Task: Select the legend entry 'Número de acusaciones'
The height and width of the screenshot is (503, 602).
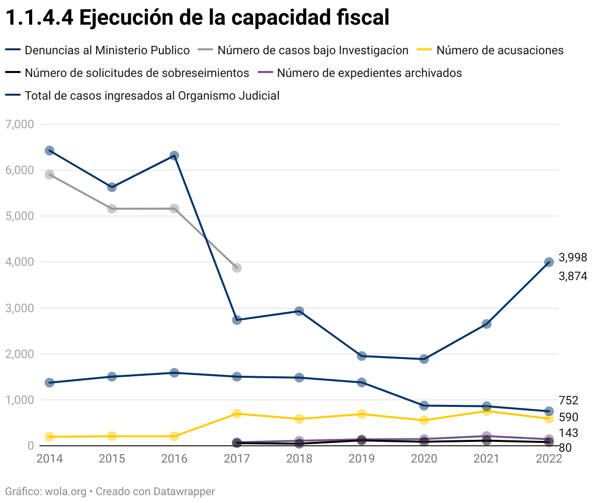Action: [499, 50]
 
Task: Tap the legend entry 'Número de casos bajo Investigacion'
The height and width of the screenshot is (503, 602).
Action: [313, 50]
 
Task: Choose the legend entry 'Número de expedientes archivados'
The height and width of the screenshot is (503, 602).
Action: [369, 73]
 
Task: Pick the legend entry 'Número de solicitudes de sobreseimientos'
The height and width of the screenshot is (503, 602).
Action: [137, 73]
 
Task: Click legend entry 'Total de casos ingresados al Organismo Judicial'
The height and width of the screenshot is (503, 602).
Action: [152, 96]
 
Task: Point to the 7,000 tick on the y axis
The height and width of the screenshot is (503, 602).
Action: [20, 124]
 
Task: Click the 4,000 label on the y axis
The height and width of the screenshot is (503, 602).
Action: [20, 262]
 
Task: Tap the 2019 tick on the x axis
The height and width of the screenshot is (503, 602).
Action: [362, 459]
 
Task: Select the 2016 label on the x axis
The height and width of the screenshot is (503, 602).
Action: [174, 459]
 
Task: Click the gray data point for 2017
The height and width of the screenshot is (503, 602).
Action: [237, 268]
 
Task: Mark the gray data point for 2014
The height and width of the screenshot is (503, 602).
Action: [49, 175]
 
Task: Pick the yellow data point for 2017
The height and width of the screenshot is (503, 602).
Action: [237, 414]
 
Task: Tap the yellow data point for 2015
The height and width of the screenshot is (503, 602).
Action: [112, 436]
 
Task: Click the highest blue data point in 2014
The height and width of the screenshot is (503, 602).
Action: [49, 150]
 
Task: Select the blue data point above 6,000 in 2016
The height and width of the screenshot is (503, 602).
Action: [174, 155]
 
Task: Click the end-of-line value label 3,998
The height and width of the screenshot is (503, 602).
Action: [572, 257]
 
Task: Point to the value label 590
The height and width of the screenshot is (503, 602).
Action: [568, 417]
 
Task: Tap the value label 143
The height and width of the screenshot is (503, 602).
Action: [568, 433]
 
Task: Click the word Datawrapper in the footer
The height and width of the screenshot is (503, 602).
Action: [184, 492]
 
